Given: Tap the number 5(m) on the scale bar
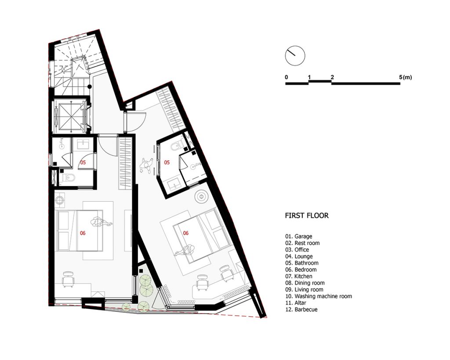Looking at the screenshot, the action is pos(405,77).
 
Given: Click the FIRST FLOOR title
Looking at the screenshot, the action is pos(307,215).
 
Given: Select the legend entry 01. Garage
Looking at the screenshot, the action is pos(298,236).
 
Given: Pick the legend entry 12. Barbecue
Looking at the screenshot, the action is pos(301,309).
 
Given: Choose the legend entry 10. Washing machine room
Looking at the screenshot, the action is pos(319,296).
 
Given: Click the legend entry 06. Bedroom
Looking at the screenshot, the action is pos(301,269).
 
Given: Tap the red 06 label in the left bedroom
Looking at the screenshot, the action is pos(83,233).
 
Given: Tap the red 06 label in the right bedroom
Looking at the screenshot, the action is pos(186,233).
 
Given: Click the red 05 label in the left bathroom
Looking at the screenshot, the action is pos(83,163).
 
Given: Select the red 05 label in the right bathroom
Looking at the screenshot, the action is pos(167,163).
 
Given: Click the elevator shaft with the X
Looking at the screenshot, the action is pos(70,116).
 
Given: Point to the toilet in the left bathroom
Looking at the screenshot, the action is pos(68,178).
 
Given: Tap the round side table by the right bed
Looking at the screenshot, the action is pos(201,196).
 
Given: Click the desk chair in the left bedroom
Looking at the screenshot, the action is pos(68,279).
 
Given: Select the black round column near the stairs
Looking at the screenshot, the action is pos(90,87).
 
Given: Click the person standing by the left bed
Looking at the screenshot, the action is pos(102,222).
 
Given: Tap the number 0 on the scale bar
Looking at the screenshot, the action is pos(287,77).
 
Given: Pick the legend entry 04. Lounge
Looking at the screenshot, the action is pos(299,256).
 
